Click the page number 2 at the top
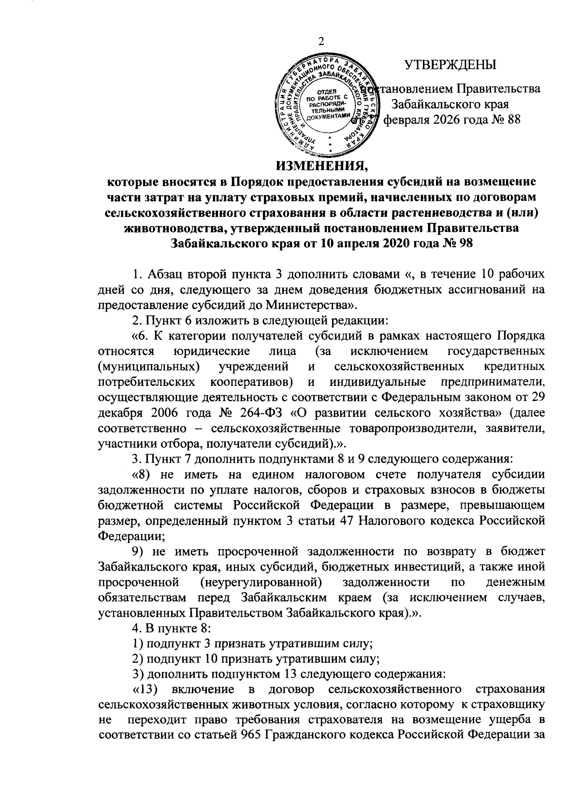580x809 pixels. pos(320,43)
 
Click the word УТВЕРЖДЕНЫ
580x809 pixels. pos(450,64)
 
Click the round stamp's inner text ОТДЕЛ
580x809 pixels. pos(327,91)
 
